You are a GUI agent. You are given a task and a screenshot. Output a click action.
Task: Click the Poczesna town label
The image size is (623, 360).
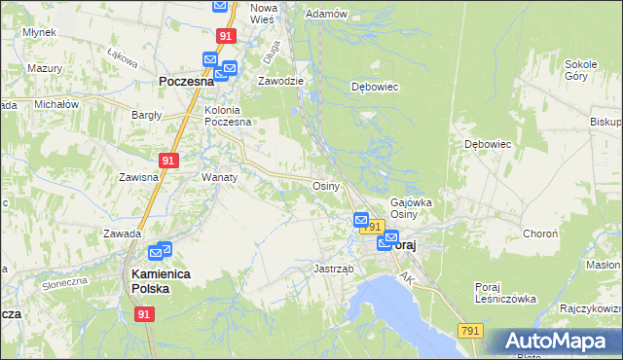186,84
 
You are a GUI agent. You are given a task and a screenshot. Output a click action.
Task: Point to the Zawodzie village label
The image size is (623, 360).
281,82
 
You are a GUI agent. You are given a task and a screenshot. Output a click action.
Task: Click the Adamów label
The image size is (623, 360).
326,15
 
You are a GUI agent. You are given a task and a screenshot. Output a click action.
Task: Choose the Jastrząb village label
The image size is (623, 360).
332,268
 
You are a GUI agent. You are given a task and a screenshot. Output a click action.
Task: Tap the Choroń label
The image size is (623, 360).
540,234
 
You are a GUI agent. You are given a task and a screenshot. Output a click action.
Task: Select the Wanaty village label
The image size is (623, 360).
219,178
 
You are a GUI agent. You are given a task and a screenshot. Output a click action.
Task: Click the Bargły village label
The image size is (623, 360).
147,115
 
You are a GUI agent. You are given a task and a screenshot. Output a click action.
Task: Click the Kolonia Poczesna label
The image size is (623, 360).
228,116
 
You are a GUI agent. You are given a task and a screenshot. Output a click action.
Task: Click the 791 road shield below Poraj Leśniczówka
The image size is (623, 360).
470,331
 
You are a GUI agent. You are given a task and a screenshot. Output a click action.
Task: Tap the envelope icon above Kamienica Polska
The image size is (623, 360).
164,250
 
